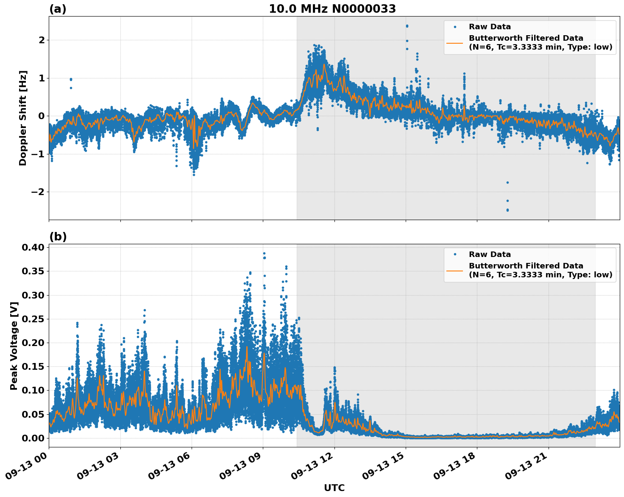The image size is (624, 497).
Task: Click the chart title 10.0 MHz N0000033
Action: (332, 9)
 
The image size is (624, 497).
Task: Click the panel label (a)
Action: (58, 9)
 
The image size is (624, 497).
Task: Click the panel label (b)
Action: (58, 237)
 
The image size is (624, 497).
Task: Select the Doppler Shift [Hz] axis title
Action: (23, 118)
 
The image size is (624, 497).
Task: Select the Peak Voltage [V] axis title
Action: (14, 346)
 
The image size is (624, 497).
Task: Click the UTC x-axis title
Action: (334, 488)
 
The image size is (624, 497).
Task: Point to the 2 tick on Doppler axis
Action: (42, 40)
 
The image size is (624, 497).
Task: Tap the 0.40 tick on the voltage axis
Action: (33, 247)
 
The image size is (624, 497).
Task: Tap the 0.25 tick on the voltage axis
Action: (33, 319)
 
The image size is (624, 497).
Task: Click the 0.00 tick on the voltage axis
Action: (33, 438)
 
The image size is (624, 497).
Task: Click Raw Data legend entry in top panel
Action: (490, 27)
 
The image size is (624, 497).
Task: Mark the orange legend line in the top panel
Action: (455, 43)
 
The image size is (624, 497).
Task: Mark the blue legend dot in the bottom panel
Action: (455, 254)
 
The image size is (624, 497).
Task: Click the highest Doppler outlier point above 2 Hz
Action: (407, 26)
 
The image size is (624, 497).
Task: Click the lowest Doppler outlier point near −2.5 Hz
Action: (507, 210)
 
